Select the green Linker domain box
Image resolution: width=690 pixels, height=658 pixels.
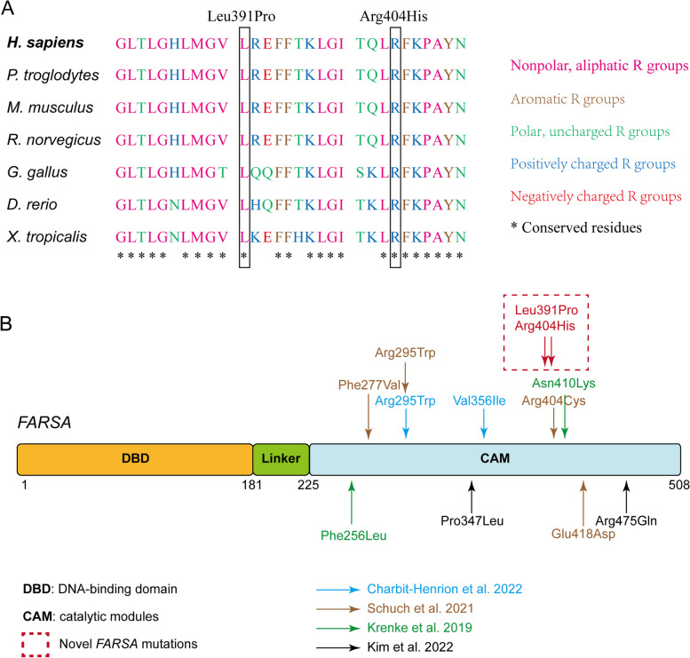coord(281,459)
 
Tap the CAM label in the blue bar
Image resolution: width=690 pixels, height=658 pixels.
coord(494,459)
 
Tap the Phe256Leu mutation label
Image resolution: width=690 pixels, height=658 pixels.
coord(353,535)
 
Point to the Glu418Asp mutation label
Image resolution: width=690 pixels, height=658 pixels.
coord(583,535)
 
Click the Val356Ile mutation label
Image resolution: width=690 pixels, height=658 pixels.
coord(484,401)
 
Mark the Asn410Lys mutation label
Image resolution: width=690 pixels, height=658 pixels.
coord(563,384)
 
